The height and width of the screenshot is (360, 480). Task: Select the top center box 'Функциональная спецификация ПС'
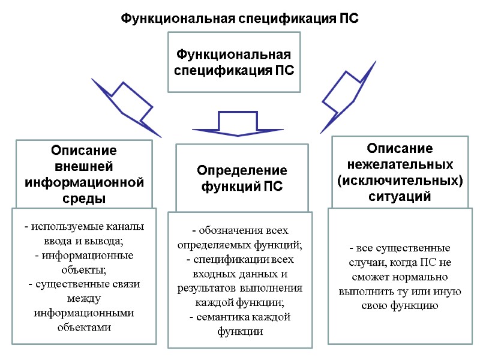(233, 62)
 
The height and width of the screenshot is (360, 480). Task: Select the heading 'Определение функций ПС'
(242, 178)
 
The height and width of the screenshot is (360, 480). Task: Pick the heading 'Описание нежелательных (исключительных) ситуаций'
(400, 172)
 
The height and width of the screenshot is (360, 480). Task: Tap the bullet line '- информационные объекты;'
(84, 262)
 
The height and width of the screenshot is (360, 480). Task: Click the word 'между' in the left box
(84, 298)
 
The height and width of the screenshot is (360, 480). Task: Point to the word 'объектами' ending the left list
(84, 327)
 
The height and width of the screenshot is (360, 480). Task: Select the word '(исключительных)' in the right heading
(400, 179)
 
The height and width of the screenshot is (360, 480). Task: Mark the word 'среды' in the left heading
(84, 197)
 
